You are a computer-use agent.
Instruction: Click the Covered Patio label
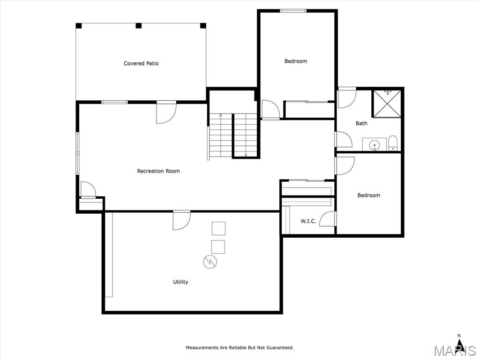141,63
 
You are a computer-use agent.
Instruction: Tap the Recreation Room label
158,171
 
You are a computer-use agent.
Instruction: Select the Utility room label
180,282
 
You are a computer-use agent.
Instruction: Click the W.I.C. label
308,221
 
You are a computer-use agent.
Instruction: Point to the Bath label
361,123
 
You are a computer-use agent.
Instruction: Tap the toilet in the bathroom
393,143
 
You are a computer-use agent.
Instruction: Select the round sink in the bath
374,144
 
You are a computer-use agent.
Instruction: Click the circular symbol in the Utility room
210,262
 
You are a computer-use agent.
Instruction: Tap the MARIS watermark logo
455,351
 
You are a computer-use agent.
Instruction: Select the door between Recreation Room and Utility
181,220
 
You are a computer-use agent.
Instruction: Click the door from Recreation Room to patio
166,112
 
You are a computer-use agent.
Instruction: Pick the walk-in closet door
328,219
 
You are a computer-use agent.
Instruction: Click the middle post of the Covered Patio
139,26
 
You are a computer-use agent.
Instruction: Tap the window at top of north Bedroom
293,11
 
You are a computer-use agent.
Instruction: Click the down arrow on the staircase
246,155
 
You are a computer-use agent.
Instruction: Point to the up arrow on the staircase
220,116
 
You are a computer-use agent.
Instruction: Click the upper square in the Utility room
218,228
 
